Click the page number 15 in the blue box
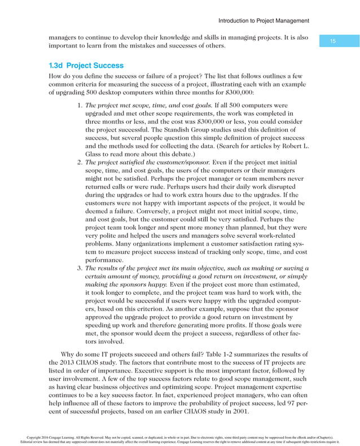tap(332, 41)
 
